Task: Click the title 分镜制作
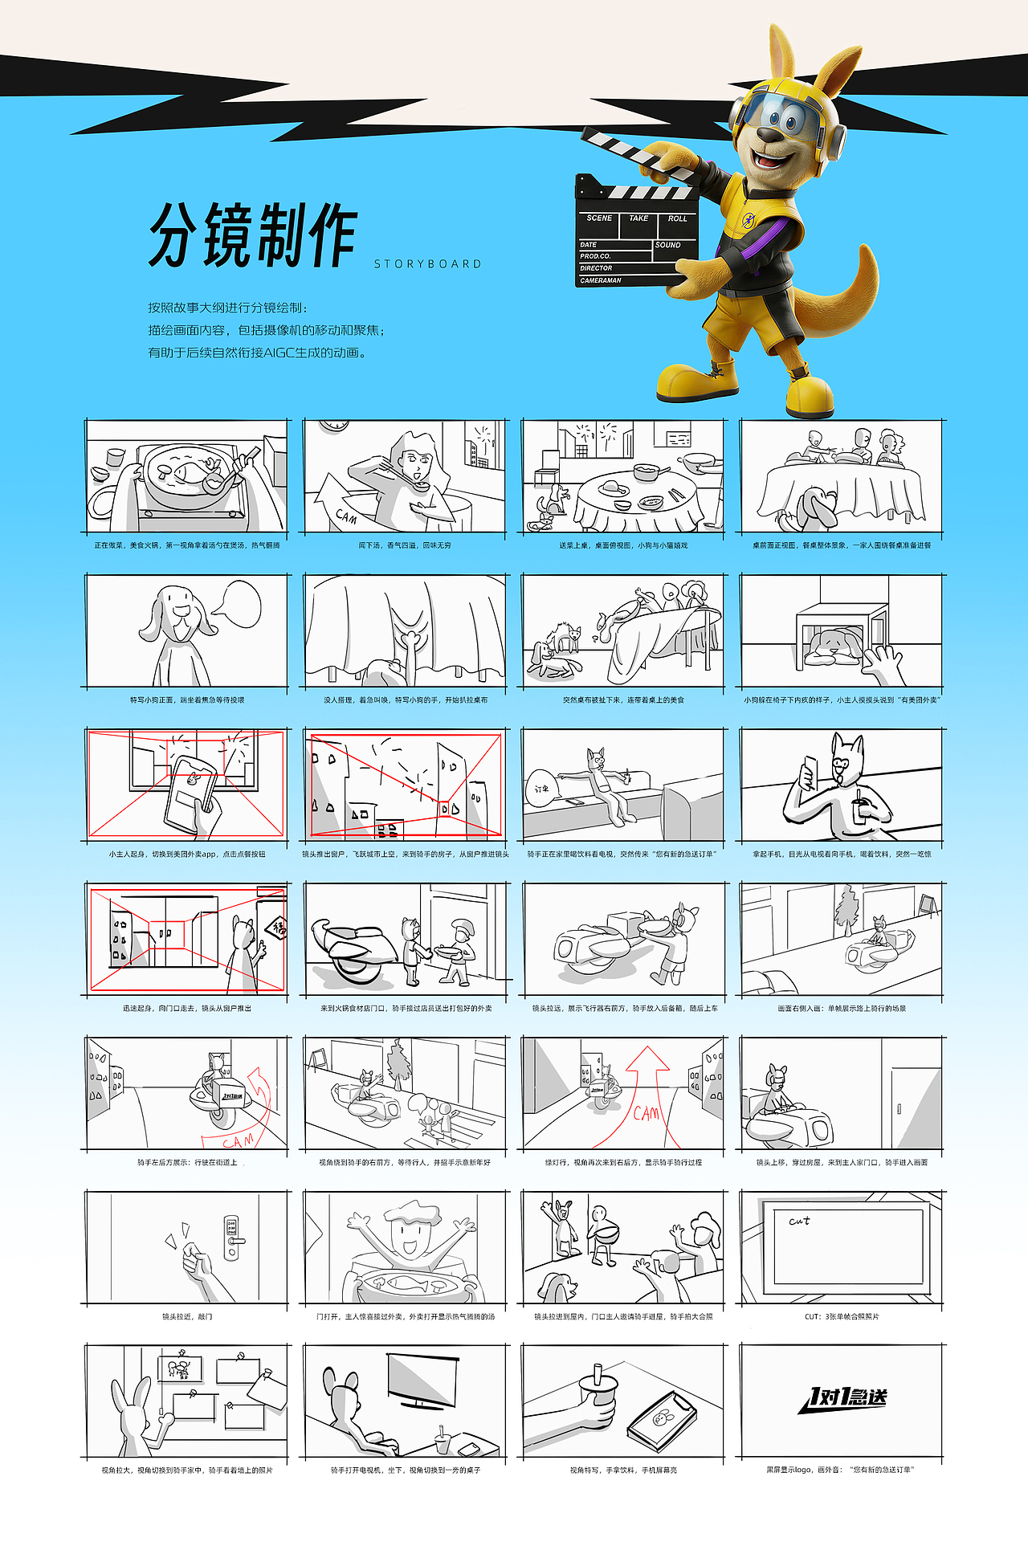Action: coord(252,235)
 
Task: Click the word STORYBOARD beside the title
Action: coord(427,264)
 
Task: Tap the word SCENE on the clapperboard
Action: coord(599,218)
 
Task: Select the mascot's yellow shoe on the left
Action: coord(696,381)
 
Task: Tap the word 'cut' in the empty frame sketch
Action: coord(799,1222)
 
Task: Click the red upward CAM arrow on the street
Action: coord(647,1076)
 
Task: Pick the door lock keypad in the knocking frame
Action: coord(231,1237)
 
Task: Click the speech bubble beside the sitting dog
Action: coord(241,604)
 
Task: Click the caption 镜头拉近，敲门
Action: coord(187,1316)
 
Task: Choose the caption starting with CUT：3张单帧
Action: coord(841,1316)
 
